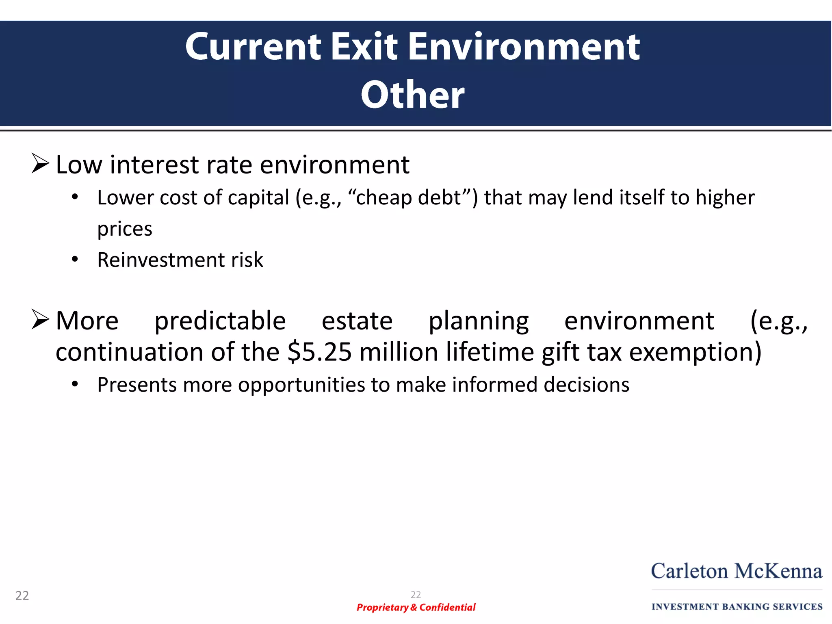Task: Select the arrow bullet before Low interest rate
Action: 40,164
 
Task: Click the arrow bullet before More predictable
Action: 40,319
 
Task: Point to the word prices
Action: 125,229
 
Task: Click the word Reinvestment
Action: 161,260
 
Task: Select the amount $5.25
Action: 319,352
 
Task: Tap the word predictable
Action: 220,321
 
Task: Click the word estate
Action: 357,321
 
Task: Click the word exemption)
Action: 695,352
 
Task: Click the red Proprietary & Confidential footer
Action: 416,607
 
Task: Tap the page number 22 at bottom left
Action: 22,596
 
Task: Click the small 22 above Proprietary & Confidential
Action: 416,595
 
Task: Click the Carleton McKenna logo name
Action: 737,571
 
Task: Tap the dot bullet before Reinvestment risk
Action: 75,259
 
